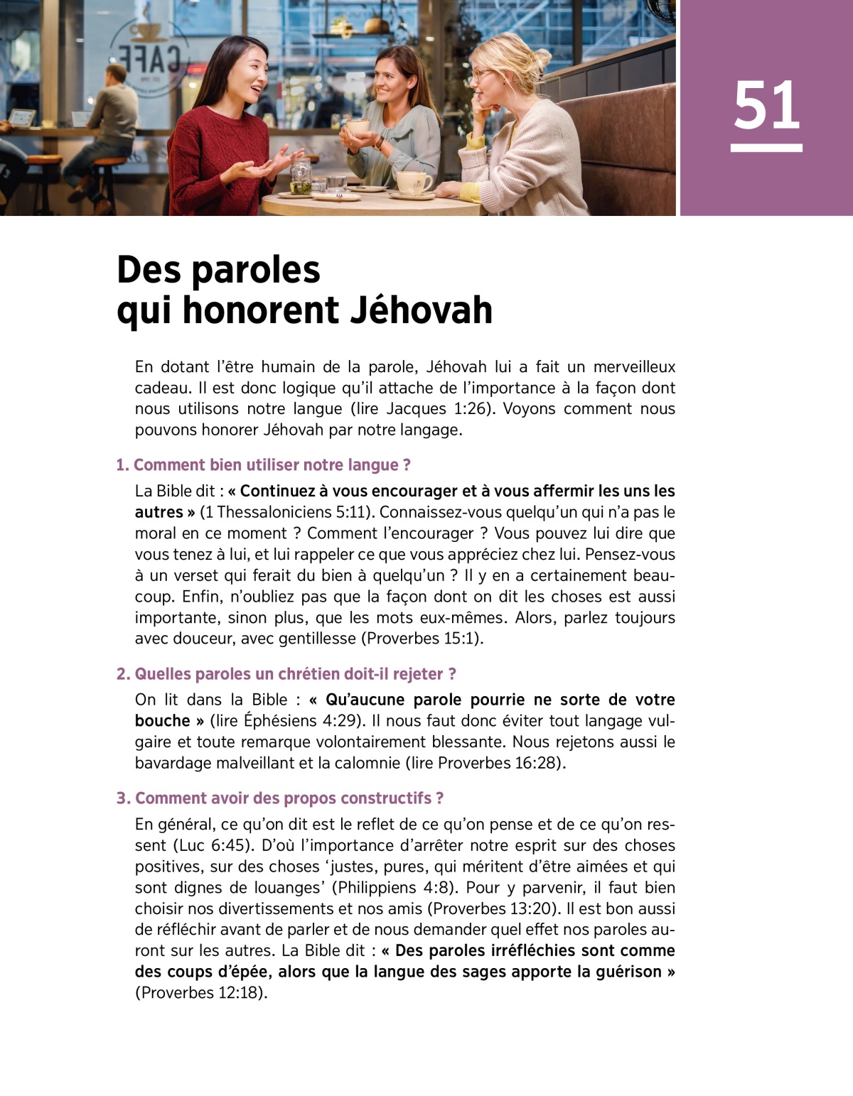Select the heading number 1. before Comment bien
coord(122,465)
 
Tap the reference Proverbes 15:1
coord(422,639)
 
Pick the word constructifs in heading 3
coord(386,798)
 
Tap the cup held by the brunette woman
coord(358,127)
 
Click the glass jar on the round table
coord(301,176)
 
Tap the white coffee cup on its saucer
coord(413,183)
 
